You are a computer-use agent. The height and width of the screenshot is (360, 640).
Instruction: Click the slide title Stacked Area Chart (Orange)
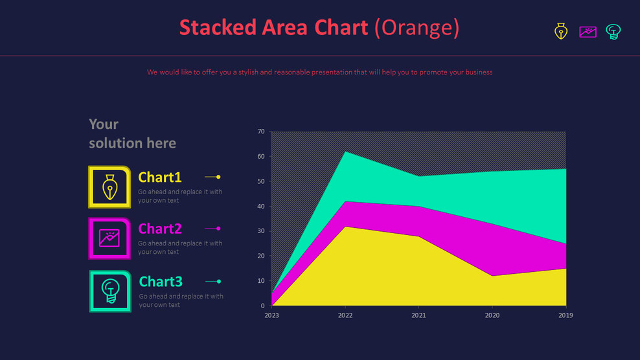pyautogui.click(x=319, y=28)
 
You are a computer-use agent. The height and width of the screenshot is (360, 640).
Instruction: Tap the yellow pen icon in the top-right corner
pyautogui.click(x=561, y=31)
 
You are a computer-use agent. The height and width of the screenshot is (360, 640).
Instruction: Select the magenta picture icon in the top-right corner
pyautogui.click(x=588, y=31)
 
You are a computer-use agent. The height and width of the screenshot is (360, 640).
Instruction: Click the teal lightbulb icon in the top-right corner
pyautogui.click(x=613, y=31)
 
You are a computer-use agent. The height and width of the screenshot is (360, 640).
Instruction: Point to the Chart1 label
pyautogui.click(x=160, y=177)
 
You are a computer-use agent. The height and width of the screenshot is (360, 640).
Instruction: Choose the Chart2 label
pyautogui.click(x=160, y=229)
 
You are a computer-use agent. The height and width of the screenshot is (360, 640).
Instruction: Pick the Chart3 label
pyautogui.click(x=161, y=282)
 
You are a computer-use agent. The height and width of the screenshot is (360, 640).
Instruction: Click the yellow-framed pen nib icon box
pyautogui.click(x=110, y=187)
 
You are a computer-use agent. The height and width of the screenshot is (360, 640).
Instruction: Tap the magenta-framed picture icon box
pyautogui.click(x=110, y=238)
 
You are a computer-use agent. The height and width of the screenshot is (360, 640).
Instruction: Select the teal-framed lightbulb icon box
pyautogui.click(x=110, y=291)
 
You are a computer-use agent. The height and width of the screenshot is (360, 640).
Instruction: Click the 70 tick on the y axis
pyautogui.click(x=261, y=131)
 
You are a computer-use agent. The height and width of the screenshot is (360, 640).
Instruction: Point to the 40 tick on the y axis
pyautogui.click(x=261, y=207)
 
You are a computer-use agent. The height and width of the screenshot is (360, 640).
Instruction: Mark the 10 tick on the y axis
pyautogui.click(x=261, y=281)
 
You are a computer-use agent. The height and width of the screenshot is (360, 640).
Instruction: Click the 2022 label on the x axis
pyautogui.click(x=345, y=315)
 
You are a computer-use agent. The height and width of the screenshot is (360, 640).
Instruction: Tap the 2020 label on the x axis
pyautogui.click(x=492, y=315)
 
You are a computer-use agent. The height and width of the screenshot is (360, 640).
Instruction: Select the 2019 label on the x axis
pyautogui.click(x=565, y=315)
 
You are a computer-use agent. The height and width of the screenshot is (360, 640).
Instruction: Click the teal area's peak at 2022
pyautogui.click(x=345, y=153)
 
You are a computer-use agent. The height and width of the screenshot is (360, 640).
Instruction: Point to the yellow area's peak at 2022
pyautogui.click(x=345, y=228)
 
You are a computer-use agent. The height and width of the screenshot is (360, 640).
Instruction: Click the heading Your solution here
pyautogui.click(x=132, y=133)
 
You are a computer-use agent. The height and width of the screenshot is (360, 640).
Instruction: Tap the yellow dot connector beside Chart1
pyautogui.click(x=218, y=177)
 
